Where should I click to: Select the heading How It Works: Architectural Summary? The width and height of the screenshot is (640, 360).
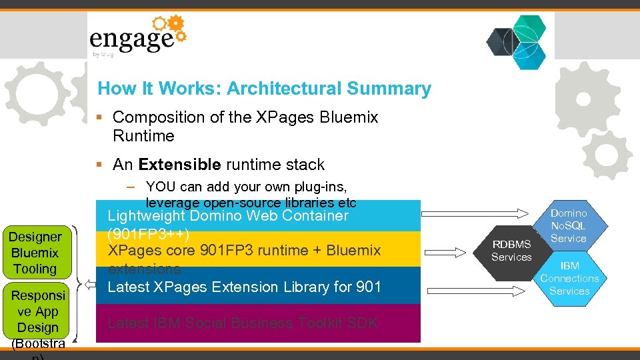point(264,89)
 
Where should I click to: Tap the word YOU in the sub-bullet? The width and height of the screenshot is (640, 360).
point(159,187)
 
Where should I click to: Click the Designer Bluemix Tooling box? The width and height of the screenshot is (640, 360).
point(35,253)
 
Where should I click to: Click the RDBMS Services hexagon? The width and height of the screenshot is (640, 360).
point(511,251)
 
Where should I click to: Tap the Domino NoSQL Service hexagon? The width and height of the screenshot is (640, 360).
point(569,225)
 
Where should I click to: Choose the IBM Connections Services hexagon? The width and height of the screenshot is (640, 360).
point(569,278)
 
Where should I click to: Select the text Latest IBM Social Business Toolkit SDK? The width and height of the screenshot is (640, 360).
point(243,323)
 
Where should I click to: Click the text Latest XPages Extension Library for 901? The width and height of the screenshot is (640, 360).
point(244,287)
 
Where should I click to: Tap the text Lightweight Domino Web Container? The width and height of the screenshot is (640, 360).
point(228,216)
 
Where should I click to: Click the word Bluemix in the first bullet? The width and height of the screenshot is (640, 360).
point(349,117)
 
